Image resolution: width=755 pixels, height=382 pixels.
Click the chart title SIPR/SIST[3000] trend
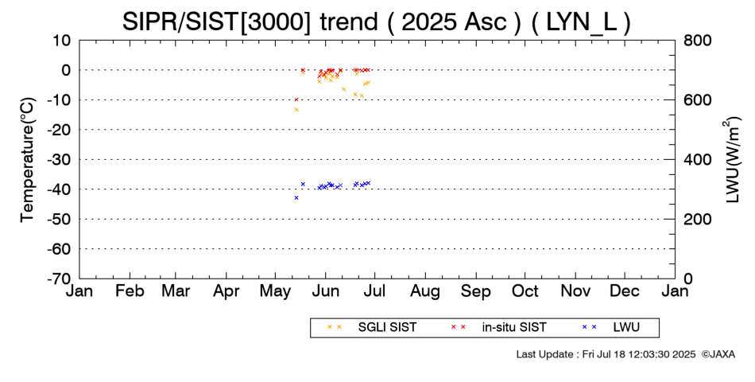250,22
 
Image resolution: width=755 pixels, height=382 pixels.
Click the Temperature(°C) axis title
28,160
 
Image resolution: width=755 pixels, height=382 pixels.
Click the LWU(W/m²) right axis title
730,160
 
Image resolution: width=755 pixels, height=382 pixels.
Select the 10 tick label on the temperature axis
62,40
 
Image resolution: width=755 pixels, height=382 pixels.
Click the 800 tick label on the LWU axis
697,40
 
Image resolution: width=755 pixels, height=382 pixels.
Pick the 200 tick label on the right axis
697,219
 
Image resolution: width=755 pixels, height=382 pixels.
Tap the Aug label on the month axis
425,291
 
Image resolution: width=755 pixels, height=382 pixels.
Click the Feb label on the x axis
130,291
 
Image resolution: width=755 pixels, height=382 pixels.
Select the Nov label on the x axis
575,291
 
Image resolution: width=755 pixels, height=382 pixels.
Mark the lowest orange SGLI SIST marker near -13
296,110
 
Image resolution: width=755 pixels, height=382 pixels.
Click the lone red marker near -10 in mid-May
296,99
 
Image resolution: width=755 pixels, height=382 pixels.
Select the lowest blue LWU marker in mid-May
296,197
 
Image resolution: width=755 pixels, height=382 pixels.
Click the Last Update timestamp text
606,354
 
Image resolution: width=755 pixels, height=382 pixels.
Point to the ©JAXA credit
718,354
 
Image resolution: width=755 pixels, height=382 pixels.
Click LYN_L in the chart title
581,22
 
